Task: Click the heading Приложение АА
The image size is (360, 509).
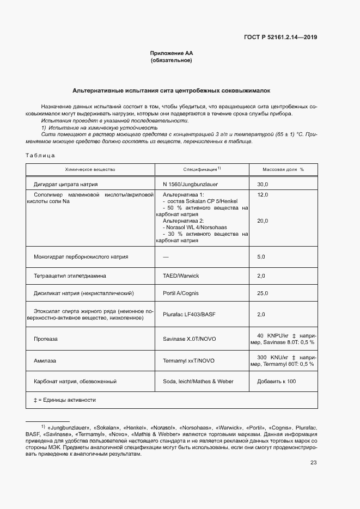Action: [x=172, y=53]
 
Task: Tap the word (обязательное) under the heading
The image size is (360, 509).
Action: [x=172, y=60]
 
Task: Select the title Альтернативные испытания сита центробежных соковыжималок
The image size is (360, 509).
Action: [x=172, y=90]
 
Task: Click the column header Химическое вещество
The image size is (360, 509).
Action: [x=90, y=170]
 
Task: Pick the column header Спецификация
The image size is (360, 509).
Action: [x=202, y=170]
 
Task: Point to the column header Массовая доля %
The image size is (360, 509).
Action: [x=283, y=170]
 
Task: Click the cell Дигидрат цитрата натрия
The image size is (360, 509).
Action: [x=66, y=185]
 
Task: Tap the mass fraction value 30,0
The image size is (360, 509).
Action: [x=263, y=185]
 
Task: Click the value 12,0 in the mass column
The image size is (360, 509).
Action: [x=263, y=194]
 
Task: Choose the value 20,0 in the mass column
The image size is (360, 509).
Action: [x=263, y=220]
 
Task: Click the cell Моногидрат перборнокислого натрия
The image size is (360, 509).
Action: [x=81, y=256]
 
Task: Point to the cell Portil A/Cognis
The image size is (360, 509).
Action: [x=181, y=293]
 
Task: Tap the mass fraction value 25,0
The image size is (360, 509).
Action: [x=263, y=293]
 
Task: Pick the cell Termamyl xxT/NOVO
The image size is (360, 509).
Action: [x=188, y=360]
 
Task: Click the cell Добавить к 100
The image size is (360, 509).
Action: [x=276, y=382]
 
